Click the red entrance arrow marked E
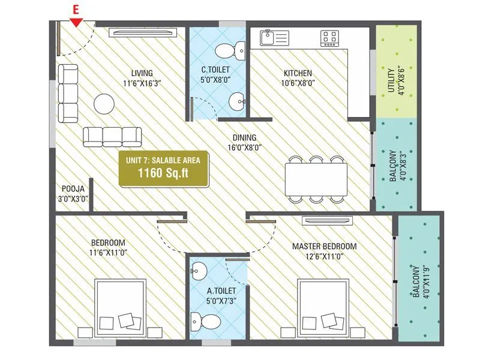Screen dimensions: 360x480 pyautogui.click(x=76, y=22)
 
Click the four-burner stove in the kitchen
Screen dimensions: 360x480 pyautogui.click(x=329, y=38)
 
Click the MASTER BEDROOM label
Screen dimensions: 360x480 pyautogui.click(x=324, y=246)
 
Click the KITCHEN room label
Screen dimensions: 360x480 pyautogui.click(x=298, y=74)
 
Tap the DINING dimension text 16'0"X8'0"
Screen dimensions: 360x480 pyautogui.click(x=244, y=147)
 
